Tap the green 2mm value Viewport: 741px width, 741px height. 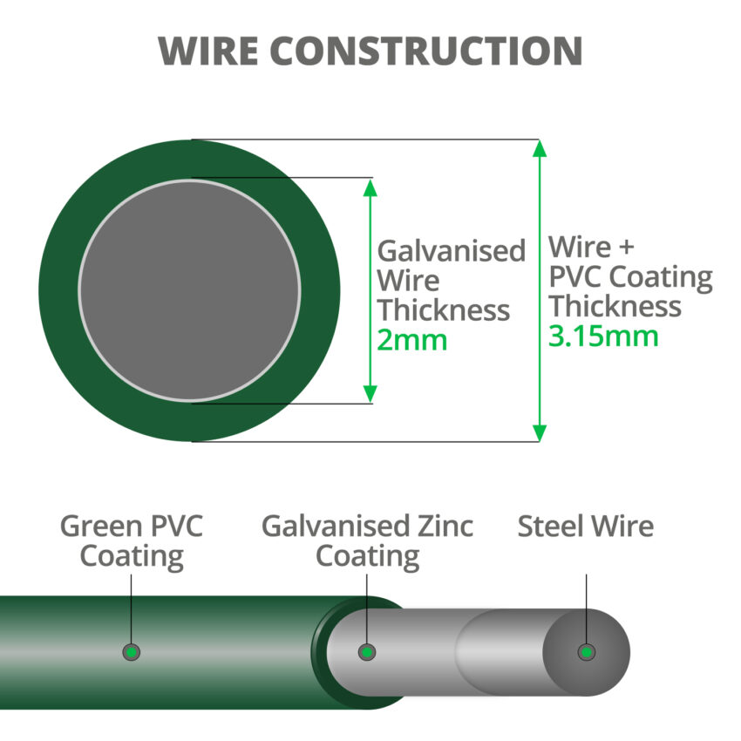coord(411,340)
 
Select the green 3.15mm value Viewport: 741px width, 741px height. coord(603,336)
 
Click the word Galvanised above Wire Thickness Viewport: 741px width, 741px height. coord(451,251)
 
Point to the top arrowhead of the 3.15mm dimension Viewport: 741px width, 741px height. coord(540,148)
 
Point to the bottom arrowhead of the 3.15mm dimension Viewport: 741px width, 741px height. coord(540,432)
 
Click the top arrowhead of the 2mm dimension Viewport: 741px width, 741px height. coord(370,188)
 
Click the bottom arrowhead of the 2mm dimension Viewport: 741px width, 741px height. coord(370,393)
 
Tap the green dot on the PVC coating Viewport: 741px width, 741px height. coord(132,651)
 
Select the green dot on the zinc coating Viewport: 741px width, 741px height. coord(368,651)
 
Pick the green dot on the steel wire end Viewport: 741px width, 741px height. coord(587,651)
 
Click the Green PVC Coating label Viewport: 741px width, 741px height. coord(132,541)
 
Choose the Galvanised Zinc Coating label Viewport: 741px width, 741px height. coord(367,541)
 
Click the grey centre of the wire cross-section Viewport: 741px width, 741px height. coord(189,290)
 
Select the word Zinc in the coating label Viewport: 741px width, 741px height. coord(442,527)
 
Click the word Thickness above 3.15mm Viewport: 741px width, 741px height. coord(615,307)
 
